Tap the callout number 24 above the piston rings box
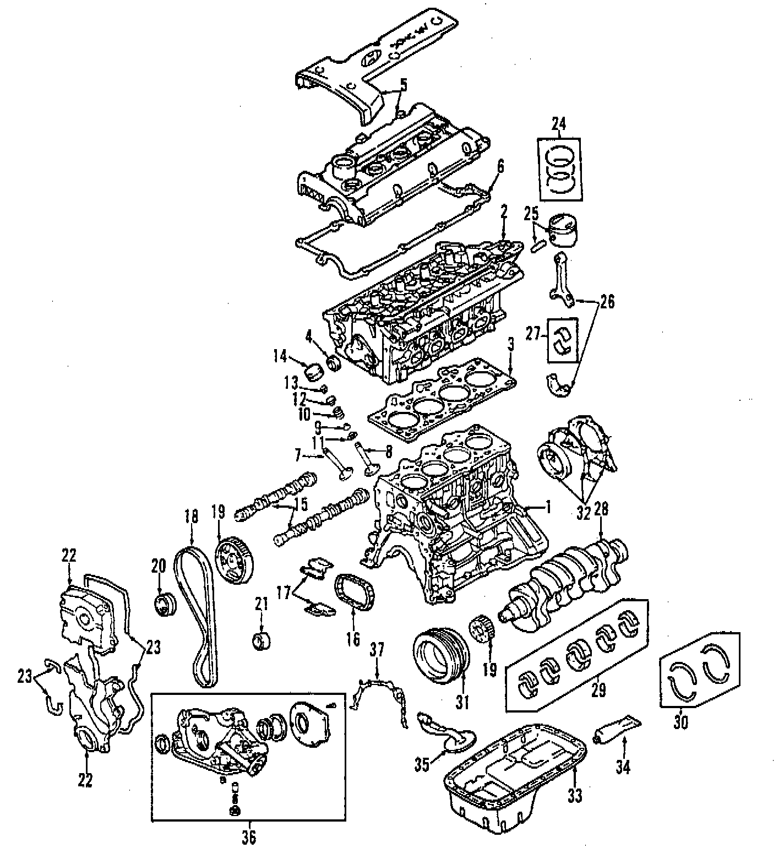pos(559,124)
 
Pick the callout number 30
pos(680,722)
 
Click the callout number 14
pos(280,357)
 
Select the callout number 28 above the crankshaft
pos(601,509)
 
